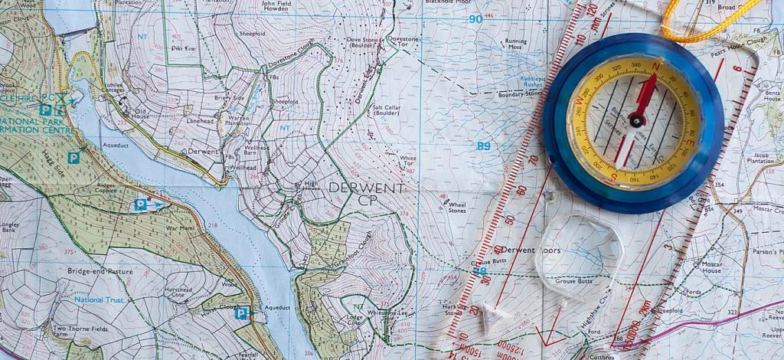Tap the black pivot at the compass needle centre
pos(635,119)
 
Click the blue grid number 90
pos(475,19)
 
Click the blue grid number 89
pos(483,146)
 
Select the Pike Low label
pos(184,47)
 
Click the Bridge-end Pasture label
pos(99,271)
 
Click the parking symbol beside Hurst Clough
pos(241,313)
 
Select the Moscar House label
pos(711,266)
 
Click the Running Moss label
pos(515,44)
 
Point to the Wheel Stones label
pos(457,207)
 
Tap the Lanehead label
pos(198,120)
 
